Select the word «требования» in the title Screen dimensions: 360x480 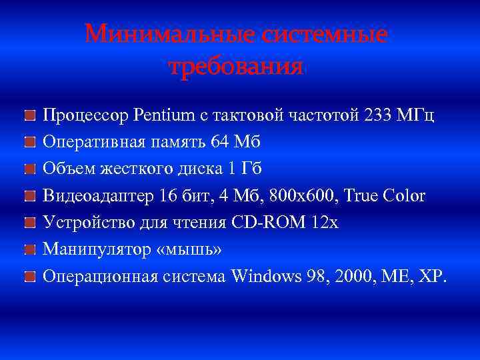237,67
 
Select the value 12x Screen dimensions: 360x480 325,222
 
